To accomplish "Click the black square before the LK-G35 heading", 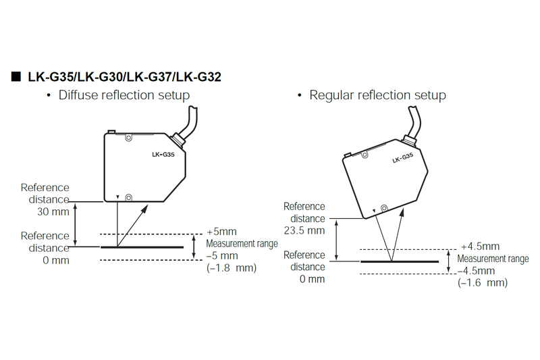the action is [16, 76].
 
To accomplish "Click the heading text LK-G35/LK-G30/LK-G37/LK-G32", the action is [124, 77].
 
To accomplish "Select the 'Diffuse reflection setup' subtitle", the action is [124, 95].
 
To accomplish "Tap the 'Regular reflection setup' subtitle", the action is [377, 95].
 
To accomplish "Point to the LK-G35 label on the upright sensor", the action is [163, 155].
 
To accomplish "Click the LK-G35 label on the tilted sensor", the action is [402, 158].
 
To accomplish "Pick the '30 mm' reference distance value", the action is [53, 211].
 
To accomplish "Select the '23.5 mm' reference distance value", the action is [304, 230].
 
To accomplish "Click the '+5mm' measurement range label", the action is [221, 232].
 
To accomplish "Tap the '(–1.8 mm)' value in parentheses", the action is [232, 267].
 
